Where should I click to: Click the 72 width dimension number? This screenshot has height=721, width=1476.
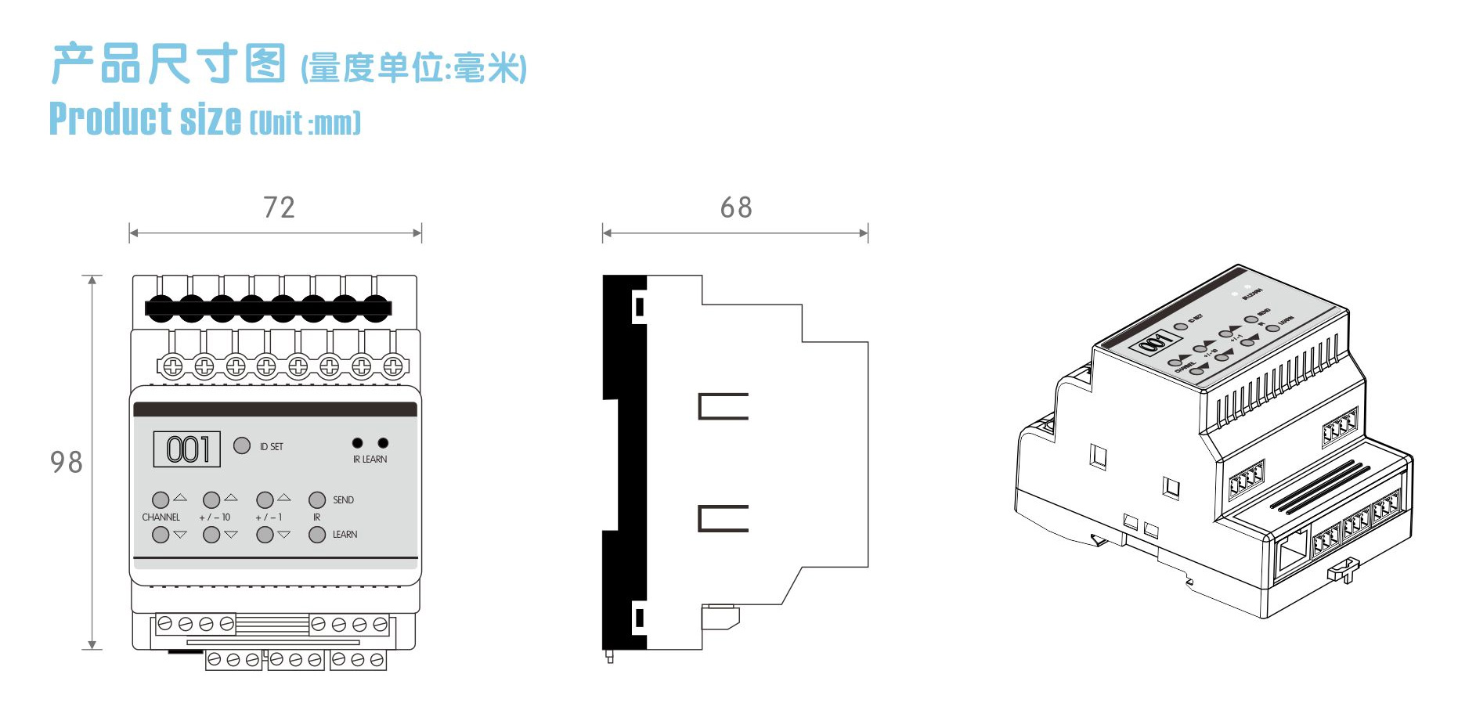pos(279,207)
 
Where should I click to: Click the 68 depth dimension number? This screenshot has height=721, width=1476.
pos(736,207)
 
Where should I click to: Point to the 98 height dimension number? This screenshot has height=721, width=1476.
pos(67,462)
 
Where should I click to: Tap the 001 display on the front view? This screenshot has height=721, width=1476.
pos(187,449)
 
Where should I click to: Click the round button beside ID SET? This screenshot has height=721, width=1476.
pos(242,445)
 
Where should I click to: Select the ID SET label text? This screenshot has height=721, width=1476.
pos(272,447)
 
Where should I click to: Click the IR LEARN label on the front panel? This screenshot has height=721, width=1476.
pos(370,460)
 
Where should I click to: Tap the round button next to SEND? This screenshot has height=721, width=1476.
pos(317,499)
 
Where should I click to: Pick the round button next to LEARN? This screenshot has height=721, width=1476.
pos(317,535)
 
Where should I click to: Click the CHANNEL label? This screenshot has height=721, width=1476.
pos(161,517)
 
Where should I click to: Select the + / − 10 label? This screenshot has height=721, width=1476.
pos(215,517)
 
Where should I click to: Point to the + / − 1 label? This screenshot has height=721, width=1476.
pos(269,517)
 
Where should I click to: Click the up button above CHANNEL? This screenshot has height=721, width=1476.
pos(161,499)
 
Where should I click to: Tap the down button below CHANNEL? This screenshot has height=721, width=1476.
pos(161,535)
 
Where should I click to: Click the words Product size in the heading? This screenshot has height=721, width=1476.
pos(146,120)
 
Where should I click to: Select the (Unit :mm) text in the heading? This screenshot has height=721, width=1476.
pos(305,123)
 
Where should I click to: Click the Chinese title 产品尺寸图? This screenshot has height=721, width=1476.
pos(169,64)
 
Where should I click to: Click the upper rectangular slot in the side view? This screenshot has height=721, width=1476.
pos(723,406)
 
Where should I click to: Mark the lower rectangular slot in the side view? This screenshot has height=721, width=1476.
pos(723,518)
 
